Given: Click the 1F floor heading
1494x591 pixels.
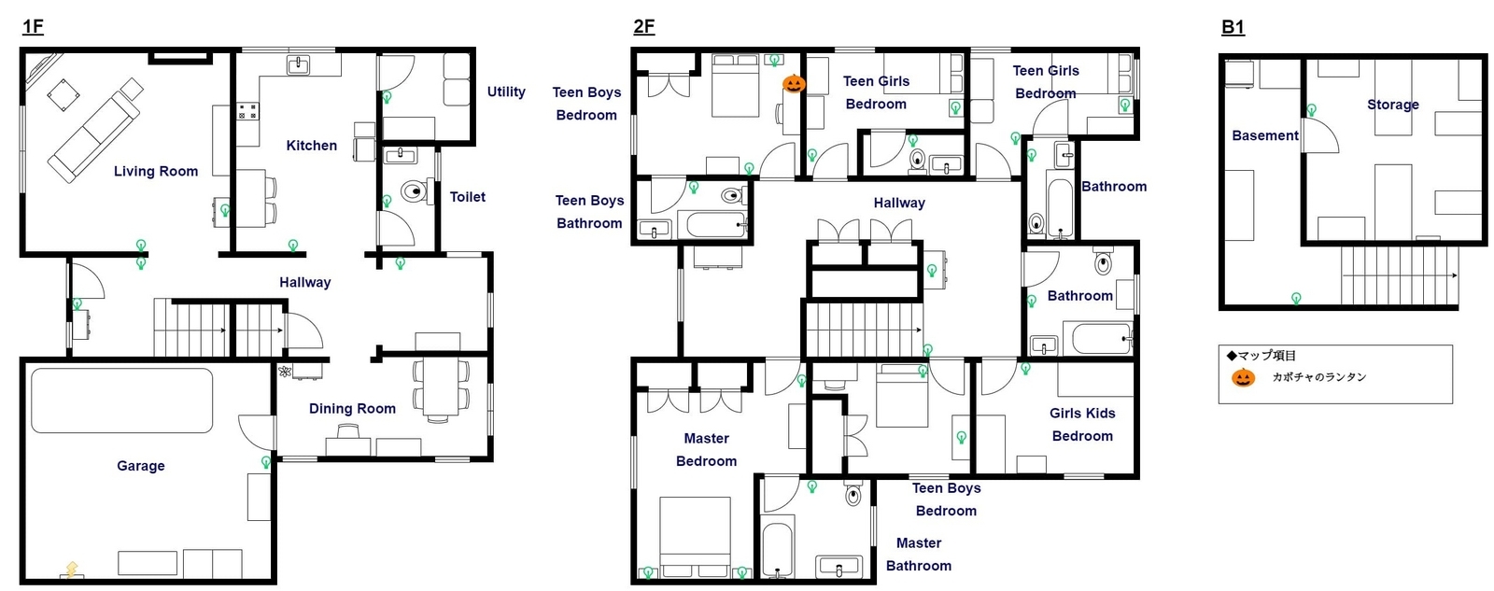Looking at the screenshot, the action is tap(33, 27).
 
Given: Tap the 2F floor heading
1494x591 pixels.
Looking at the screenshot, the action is tap(643, 27).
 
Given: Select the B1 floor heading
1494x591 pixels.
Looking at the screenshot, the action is tap(1233, 27).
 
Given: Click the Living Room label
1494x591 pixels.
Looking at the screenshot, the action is tap(155, 172).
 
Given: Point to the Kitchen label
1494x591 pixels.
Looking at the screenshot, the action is tap(312, 146).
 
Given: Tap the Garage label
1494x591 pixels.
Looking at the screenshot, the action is tap(141, 466).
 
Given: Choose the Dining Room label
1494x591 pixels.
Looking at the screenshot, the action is tap(352, 408).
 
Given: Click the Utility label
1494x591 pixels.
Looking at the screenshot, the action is tap(506, 92).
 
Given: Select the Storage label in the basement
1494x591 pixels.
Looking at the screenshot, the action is tap(1392, 105).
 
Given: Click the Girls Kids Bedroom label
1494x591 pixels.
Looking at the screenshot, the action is tap(1082, 424).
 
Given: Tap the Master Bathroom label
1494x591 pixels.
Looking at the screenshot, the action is tap(919, 555).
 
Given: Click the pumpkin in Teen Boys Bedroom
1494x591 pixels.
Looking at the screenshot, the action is tap(794, 83).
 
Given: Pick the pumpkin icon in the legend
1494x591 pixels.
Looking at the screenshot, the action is tap(1243, 377).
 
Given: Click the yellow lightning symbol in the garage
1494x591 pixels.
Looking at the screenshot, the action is tap(71, 570).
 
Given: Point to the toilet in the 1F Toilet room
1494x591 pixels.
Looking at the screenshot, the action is tap(415, 191).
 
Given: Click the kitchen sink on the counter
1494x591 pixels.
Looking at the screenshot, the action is tap(298, 65).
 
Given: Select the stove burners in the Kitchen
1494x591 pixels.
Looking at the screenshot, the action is tap(247, 111).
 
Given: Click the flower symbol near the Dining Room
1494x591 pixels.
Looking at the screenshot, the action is tap(285, 372).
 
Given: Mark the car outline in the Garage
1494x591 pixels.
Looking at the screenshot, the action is tap(122, 401).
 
